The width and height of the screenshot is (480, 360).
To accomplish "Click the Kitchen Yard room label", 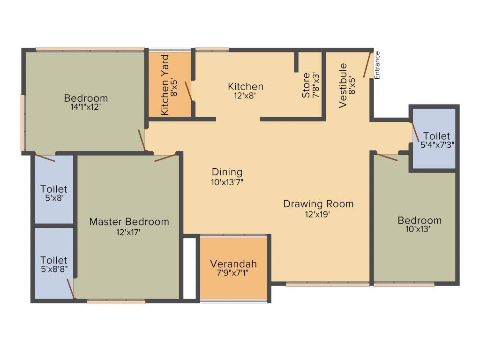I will pos(165,85).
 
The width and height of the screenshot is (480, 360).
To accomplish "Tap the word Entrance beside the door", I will pos(377,64).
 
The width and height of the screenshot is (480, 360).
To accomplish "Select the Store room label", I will pos(306,85).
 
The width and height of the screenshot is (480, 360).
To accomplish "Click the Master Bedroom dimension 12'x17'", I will pos(129,232).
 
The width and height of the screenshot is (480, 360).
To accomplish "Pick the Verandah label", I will pos(233,263).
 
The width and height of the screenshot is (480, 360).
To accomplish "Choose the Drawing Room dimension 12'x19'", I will pos(318,214).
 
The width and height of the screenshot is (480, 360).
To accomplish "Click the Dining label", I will pos(227,172).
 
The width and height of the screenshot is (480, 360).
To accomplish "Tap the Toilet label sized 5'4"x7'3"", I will pos(436,136).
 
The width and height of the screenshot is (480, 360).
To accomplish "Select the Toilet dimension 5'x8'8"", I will pos(53,270).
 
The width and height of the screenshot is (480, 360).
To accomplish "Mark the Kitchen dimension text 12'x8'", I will pos(245,96).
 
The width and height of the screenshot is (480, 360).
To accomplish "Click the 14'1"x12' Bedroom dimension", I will pos(86,107).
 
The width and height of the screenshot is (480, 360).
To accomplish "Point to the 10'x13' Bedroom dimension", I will pos(419,230).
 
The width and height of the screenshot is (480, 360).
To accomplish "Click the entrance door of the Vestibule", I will pos(367,65).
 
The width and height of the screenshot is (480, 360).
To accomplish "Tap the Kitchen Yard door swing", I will pos(188,91).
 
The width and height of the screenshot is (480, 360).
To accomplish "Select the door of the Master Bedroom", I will pos(165,157).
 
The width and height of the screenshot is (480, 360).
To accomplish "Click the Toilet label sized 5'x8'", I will pos(53,189).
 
